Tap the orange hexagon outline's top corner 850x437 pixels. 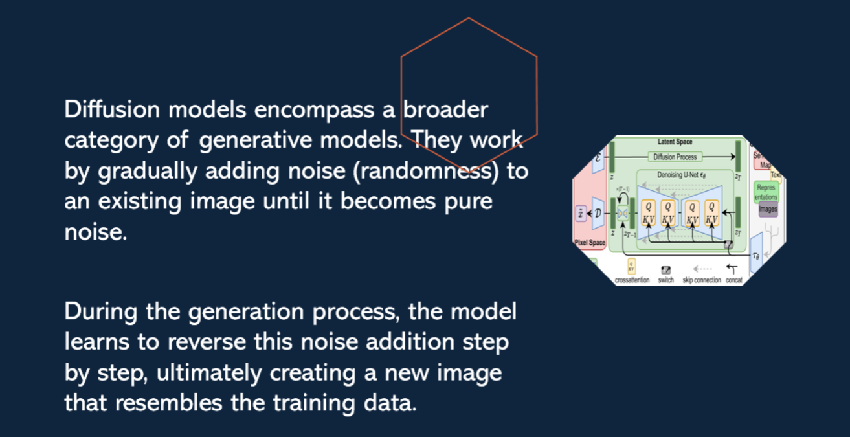coord(469,18)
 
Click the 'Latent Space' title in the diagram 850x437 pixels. coord(675,142)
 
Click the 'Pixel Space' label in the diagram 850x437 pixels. coord(590,243)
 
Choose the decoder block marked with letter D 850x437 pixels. coord(599,213)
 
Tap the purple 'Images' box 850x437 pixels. coord(767,209)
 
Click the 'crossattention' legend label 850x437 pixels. coord(632,280)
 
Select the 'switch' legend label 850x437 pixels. coord(665,280)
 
